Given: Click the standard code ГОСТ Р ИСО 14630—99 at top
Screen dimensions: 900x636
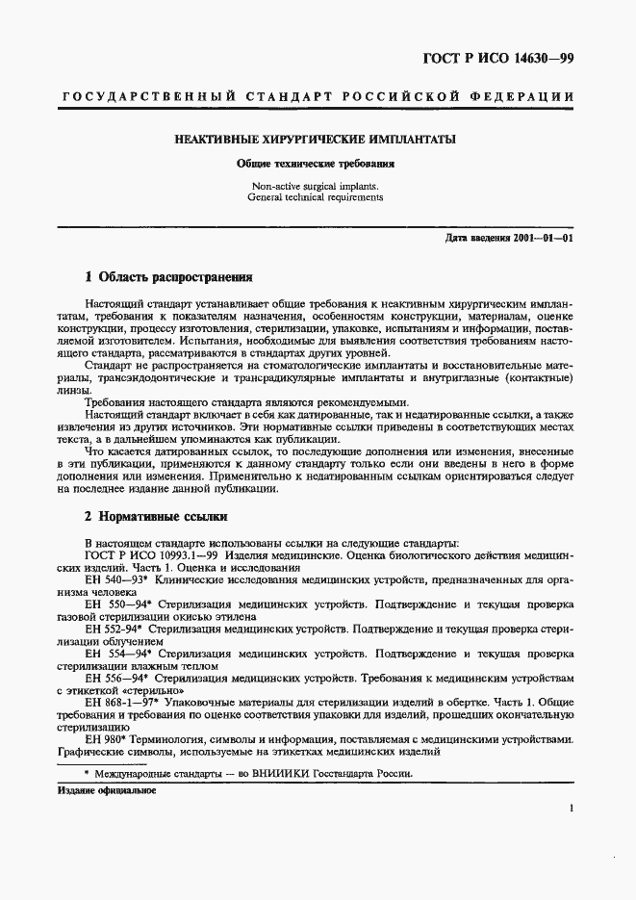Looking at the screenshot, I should pyautogui.click(x=497, y=60).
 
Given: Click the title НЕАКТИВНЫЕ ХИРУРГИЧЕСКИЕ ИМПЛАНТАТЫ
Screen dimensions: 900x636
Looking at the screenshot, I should pyautogui.click(x=316, y=139).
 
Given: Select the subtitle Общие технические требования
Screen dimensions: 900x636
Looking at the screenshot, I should pyautogui.click(x=317, y=164).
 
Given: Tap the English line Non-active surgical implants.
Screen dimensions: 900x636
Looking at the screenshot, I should pyautogui.click(x=316, y=185).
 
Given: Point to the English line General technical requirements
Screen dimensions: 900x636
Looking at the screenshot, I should pyautogui.click(x=316, y=197).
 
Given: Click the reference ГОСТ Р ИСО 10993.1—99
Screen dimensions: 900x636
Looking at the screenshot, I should pyautogui.click(x=148, y=556).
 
